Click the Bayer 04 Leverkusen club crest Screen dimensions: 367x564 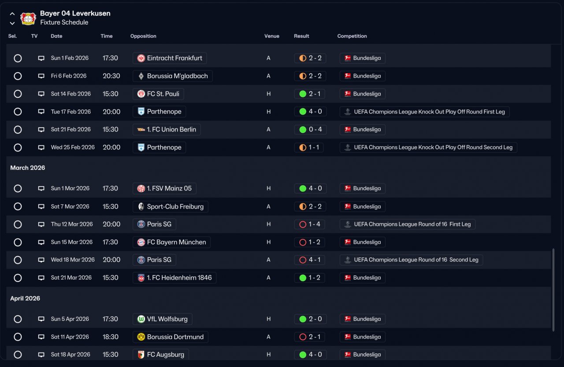(x=28, y=18)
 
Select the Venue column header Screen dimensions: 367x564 (x=271, y=36)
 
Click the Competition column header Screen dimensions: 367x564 (x=352, y=36)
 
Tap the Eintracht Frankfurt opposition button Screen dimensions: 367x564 (x=170, y=58)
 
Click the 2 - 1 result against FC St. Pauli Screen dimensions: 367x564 (x=310, y=94)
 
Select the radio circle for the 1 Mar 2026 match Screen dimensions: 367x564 (x=18, y=188)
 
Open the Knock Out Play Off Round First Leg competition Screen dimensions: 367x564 (x=424, y=112)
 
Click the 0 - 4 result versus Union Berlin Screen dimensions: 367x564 (x=310, y=129)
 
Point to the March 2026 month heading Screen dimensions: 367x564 (x=28, y=168)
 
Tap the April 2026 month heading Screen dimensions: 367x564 (x=25, y=298)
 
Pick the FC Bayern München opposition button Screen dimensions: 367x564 (x=171, y=242)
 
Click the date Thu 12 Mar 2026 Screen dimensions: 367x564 (x=72, y=224)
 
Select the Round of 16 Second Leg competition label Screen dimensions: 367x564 (x=411, y=260)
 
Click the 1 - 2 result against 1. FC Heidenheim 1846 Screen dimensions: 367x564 (x=310, y=278)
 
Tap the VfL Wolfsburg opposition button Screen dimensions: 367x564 (x=162, y=319)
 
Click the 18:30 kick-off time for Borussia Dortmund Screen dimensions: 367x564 (x=111, y=337)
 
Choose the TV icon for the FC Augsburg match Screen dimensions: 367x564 (x=41, y=355)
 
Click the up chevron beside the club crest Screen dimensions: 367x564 (x=12, y=14)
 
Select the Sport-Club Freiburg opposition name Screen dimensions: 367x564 (x=175, y=206)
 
